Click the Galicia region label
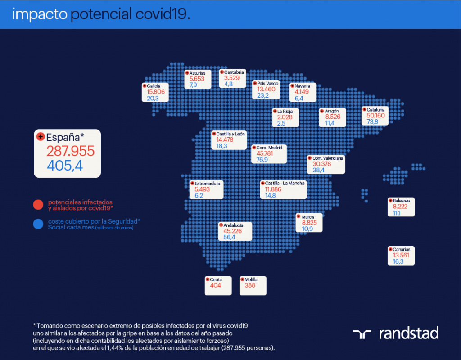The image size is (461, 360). (x=154, y=86)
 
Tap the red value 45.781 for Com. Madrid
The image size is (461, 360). (x=265, y=153)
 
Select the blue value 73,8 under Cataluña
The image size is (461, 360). (x=372, y=121)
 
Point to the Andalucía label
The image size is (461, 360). (x=233, y=225)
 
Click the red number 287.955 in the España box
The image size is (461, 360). (x=71, y=151)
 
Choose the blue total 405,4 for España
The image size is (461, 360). (x=65, y=166)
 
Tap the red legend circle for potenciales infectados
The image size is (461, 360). (x=38, y=205)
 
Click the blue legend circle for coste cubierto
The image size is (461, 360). (x=38, y=224)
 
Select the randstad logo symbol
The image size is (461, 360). (x=362, y=334)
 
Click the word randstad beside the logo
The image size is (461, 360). (x=409, y=333)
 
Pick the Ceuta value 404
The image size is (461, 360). (x=216, y=285)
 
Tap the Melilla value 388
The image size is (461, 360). (x=250, y=285)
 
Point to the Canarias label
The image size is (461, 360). (x=401, y=249)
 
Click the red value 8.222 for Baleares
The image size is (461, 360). (x=400, y=207)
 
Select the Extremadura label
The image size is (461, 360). (x=207, y=184)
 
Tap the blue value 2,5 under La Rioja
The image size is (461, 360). (x=281, y=123)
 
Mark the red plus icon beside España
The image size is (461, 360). (x=40, y=136)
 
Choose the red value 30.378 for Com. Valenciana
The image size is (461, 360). (x=321, y=164)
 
